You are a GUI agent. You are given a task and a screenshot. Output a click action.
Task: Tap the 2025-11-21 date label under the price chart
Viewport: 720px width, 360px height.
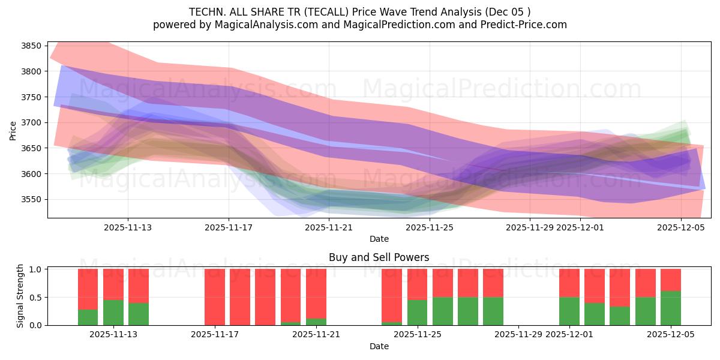[x=329, y=227]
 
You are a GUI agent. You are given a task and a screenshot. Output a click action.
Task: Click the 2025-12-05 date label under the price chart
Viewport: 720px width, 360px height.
[x=680, y=227]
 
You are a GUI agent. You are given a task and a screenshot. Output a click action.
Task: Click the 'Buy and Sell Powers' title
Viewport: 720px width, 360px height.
[x=379, y=257]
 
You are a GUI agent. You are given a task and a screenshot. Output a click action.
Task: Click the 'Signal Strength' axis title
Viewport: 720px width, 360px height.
[x=20, y=296]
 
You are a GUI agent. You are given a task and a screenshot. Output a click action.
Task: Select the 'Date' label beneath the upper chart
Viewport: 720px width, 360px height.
[x=379, y=239]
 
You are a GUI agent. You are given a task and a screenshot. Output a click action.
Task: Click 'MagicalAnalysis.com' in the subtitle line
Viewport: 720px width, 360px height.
[x=248, y=25]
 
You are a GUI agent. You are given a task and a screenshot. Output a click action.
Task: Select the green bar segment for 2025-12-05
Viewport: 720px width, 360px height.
[x=670, y=308]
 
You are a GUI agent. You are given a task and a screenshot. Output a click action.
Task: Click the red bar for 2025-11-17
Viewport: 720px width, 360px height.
[x=215, y=296]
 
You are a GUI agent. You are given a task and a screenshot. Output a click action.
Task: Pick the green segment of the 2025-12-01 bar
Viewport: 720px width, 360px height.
[x=569, y=311]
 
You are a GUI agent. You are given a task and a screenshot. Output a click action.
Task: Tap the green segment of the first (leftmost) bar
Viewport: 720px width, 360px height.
[x=88, y=317]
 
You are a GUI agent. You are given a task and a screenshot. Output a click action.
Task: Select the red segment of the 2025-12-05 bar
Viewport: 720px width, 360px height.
[x=670, y=280]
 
